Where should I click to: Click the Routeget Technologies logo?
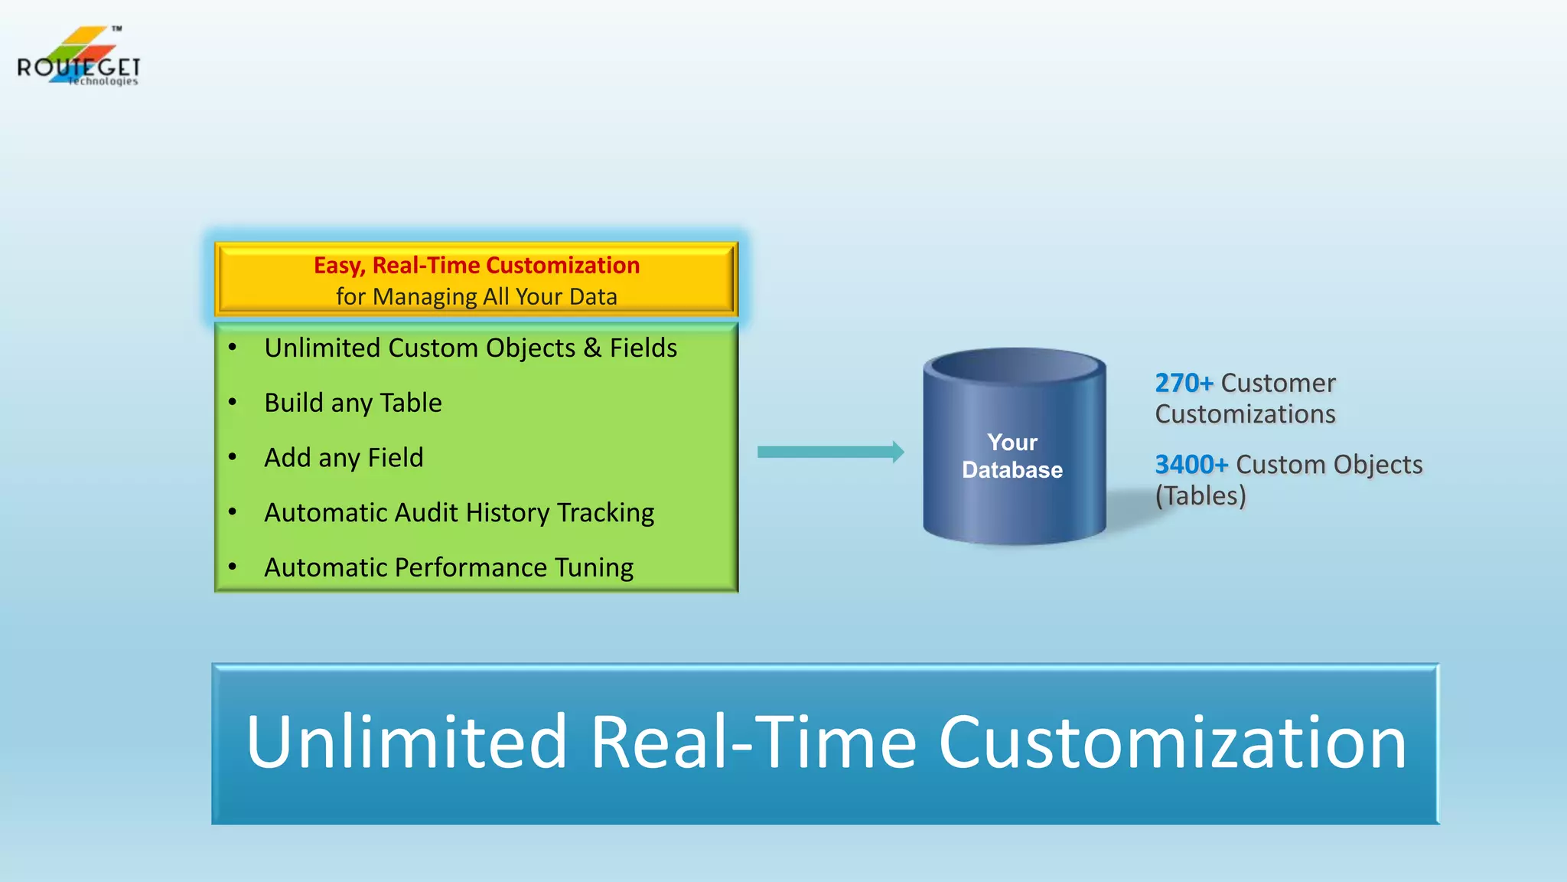tap(78, 58)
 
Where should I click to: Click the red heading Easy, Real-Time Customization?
tap(476, 265)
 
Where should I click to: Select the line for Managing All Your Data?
tap(476, 296)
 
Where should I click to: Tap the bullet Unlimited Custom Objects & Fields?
tap(471, 348)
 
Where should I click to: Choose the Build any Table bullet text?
tap(353, 403)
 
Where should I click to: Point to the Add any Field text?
tap(344, 458)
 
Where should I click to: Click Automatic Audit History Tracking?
tap(459, 512)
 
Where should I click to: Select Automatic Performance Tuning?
tap(448, 567)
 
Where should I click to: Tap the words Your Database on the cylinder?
tap(1012, 456)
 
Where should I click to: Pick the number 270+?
tap(1183, 383)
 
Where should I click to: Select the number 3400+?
tap(1191, 465)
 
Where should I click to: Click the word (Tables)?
tap(1200, 496)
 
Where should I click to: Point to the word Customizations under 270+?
tap(1245, 414)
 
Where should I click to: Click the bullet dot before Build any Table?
tap(233, 402)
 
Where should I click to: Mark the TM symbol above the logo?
tap(116, 28)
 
